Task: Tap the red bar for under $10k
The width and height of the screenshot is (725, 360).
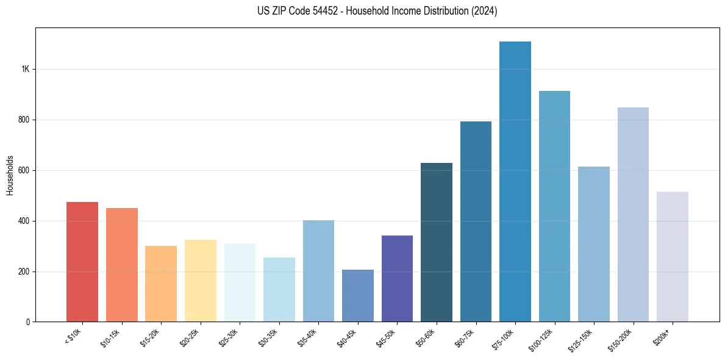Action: (82, 262)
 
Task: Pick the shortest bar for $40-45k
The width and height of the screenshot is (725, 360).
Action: (357, 296)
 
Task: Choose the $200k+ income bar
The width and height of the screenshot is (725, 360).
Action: (672, 257)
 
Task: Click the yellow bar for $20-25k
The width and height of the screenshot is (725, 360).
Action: (201, 281)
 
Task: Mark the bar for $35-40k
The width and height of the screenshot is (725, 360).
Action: (318, 271)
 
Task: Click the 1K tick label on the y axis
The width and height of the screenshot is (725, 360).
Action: (25, 69)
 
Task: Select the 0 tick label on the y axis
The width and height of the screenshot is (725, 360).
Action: (27, 322)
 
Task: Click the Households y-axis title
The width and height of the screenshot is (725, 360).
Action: (10, 175)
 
